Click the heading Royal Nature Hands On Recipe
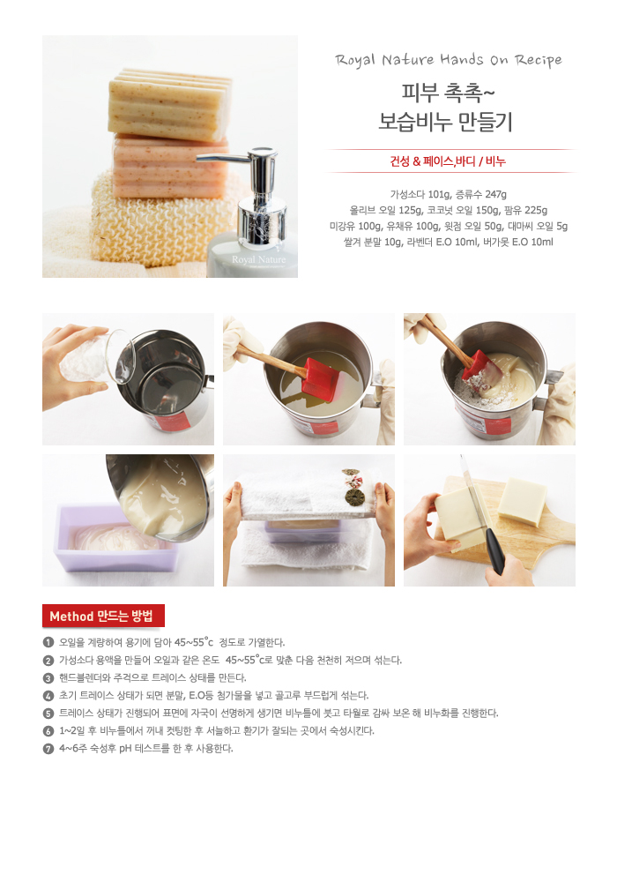click(449, 60)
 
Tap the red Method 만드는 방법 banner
click(103, 616)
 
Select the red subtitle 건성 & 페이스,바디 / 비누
click(448, 161)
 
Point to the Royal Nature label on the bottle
click(258, 260)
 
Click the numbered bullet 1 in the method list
click(48, 642)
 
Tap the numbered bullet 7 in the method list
click(48, 749)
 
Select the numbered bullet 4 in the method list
click(48, 696)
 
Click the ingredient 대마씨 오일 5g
click(538, 226)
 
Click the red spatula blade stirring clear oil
click(320, 378)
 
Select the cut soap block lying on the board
click(522, 502)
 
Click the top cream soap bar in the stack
click(170, 105)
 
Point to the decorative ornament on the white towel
click(353, 487)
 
